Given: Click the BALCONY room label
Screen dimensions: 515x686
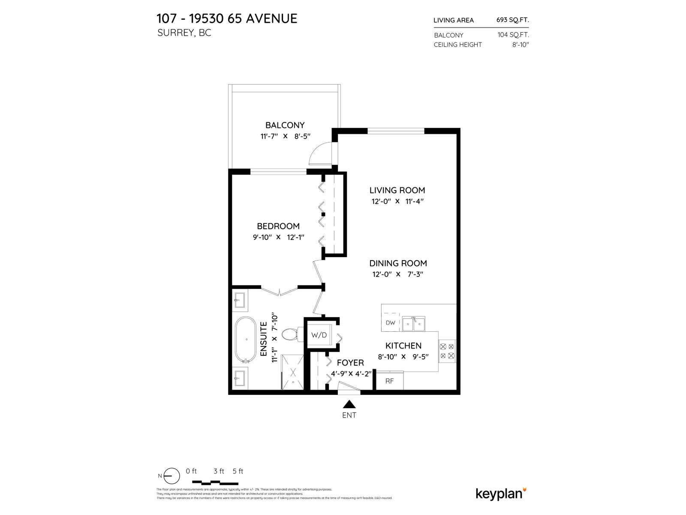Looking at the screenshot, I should tap(285, 125).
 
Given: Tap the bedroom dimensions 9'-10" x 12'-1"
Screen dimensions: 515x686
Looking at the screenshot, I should tap(278, 237).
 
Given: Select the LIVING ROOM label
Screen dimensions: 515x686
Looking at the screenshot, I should tap(397, 190).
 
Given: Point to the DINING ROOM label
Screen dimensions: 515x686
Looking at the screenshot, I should tap(398, 264).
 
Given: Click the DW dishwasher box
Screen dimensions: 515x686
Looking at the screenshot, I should tap(391, 323).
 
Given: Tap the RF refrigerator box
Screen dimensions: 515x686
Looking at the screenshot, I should tap(389, 381).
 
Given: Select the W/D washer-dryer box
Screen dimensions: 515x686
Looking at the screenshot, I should tap(319, 335).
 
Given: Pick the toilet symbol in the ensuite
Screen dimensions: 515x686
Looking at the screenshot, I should tap(291, 334).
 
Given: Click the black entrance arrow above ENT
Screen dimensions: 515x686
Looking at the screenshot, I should tap(349, 404).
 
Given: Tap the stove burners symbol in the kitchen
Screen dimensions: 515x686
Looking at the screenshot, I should tap(447, 351).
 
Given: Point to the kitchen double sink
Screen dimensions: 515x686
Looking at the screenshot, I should tap(413, 324).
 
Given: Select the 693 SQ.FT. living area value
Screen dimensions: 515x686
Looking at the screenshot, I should tap(512, 20).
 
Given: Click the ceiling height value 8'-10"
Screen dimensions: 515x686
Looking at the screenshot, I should tap(521, 45).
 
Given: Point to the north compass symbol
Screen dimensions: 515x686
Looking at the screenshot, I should tap(172, 476).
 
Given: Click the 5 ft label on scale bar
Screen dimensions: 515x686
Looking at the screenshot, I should tap(238, 471).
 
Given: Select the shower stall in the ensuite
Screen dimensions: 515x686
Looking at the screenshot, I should tap(292, 372).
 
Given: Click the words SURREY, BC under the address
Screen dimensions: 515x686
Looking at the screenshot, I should tap(184, 33).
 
